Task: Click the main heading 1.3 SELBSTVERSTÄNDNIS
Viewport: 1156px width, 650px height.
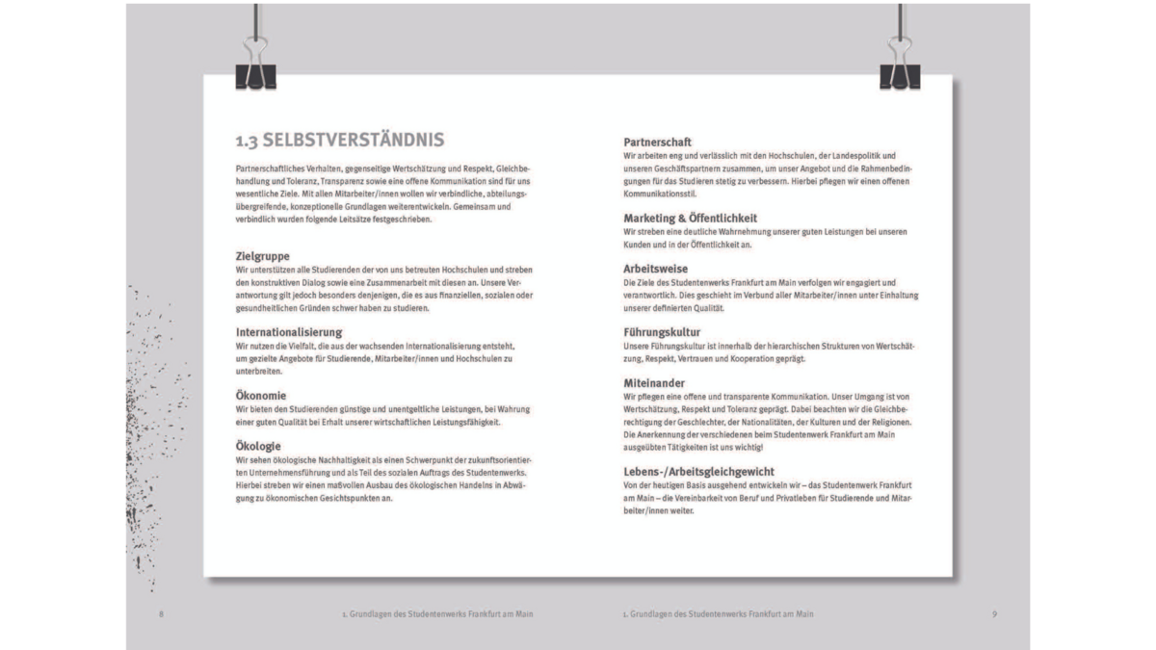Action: coord(340,140)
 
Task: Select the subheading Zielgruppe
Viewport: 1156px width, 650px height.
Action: coord(263,256)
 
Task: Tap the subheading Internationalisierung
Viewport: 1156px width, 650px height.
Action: coord(289,332)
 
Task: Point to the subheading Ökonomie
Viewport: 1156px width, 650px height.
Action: coord(261,396)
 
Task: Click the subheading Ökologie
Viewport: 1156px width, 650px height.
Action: coord(258,446)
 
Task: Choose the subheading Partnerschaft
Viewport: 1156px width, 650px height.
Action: coord(657,143)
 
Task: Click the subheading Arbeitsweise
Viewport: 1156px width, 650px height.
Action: coord(655,269)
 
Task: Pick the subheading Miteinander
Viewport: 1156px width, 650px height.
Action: coord(654,383)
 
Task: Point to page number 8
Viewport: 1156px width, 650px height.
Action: coord(161,614)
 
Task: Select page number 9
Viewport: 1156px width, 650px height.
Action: coord(993,614)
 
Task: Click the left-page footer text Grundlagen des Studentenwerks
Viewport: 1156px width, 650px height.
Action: coord(438,614)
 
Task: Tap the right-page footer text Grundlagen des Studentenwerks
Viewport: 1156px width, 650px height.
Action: coord(718,614)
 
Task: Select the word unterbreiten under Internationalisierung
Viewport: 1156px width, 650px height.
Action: coord(258,370)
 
